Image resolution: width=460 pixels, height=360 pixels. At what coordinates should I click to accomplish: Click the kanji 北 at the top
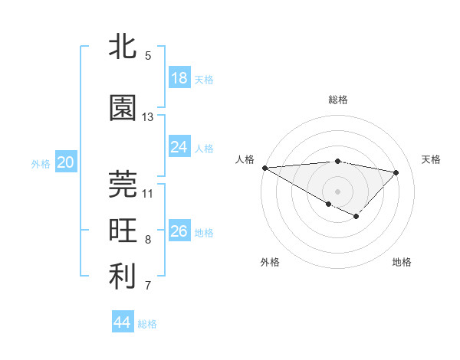pos(123,47)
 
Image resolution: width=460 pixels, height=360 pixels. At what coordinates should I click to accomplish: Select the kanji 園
pos(123,108)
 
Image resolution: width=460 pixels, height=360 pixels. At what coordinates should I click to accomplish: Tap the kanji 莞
pos(123,184)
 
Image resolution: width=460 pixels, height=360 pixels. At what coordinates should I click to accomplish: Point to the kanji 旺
pos(123,231)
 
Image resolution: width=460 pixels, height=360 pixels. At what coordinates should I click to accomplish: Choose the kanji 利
pos(123,277)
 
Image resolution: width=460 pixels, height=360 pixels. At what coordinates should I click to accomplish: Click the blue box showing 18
pos(179,78)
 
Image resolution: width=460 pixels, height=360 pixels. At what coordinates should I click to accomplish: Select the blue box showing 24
pos(179,147)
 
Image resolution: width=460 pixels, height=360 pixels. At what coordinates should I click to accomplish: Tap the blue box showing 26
pos(179,231)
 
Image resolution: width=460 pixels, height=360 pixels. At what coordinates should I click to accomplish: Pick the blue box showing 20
pos(65,162)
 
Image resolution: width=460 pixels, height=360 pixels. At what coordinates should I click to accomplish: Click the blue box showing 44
pos(122,322)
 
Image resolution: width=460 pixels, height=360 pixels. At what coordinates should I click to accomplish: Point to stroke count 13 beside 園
pos(148,117)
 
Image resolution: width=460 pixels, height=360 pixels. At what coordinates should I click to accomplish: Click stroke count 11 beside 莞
pos(148,193)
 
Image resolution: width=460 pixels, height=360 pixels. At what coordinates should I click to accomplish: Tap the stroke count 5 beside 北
pos(148,56)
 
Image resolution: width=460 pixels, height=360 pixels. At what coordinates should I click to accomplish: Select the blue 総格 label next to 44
pos(147,324)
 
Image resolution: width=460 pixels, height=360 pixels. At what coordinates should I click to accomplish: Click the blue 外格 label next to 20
pos(41,163)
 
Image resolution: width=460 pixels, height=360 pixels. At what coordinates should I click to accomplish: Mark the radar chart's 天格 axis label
pos(432,159)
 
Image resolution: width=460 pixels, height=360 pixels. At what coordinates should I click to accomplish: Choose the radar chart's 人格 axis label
pos(245,159)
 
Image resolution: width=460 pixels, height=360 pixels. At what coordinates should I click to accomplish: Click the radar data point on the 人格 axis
pos(264,168)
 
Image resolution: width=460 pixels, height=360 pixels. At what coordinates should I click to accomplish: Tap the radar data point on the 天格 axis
pos(396,172)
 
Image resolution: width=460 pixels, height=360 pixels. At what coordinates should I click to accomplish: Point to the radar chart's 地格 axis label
pos(402,262)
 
